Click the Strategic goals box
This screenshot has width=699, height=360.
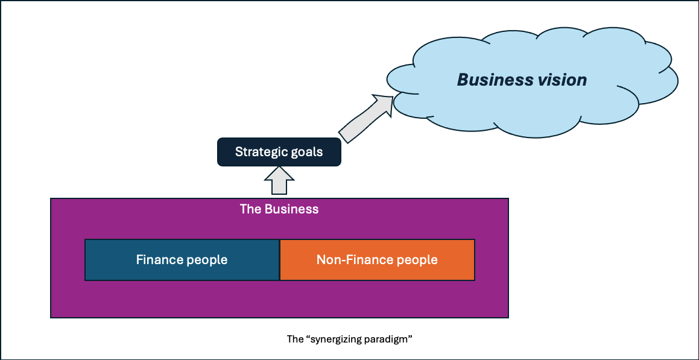(x=279, y=152)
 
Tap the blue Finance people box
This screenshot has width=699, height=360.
(x=182, y=260)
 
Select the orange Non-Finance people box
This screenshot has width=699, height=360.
(x=377, y=260)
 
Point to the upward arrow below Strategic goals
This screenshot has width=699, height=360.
(x=279, y=181)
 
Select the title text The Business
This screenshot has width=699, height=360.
(x=279, y=210)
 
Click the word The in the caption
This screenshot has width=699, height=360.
(x=295, y=339)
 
